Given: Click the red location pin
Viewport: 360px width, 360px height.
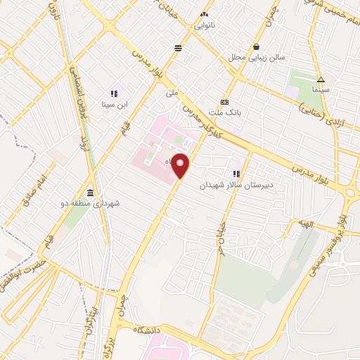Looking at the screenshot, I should [181, 166].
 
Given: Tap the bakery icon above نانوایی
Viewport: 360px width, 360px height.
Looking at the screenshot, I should [205, 14].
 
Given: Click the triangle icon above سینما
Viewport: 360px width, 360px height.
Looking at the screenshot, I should [320, 79].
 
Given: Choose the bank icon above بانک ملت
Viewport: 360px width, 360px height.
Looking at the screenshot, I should [225, 101].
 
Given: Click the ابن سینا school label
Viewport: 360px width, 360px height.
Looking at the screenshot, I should [113, 105].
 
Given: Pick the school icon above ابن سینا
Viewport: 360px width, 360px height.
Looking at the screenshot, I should [113, 94].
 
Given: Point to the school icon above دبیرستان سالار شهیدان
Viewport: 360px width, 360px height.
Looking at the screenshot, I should [237, 174].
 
